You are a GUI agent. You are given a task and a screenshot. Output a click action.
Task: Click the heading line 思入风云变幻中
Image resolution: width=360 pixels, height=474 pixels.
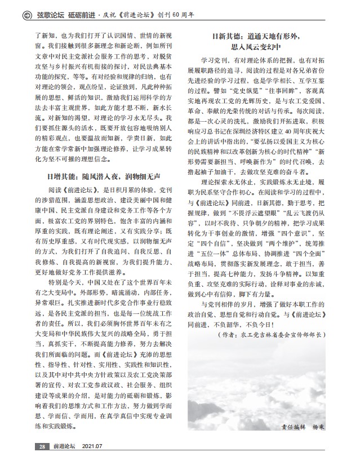coord(260,47)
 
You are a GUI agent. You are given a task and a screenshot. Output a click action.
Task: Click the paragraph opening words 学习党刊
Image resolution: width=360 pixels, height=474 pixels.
coord(214,60)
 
